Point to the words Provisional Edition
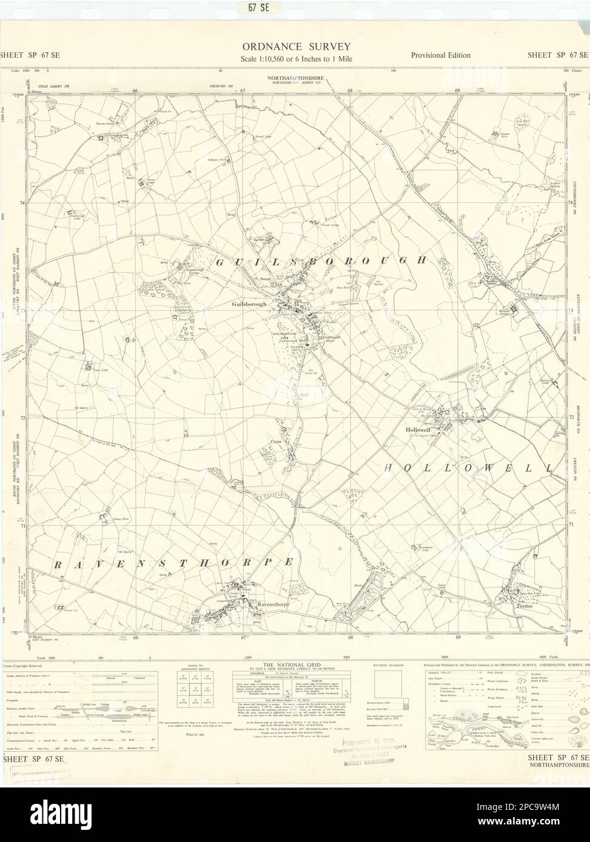point(440,55)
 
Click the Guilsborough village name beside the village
point(249,304)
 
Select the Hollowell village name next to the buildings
point(417,428)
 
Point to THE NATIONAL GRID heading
point(295,665)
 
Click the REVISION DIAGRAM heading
point(387,665)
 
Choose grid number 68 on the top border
point(350,91)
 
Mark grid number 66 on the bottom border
point(136,637)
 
